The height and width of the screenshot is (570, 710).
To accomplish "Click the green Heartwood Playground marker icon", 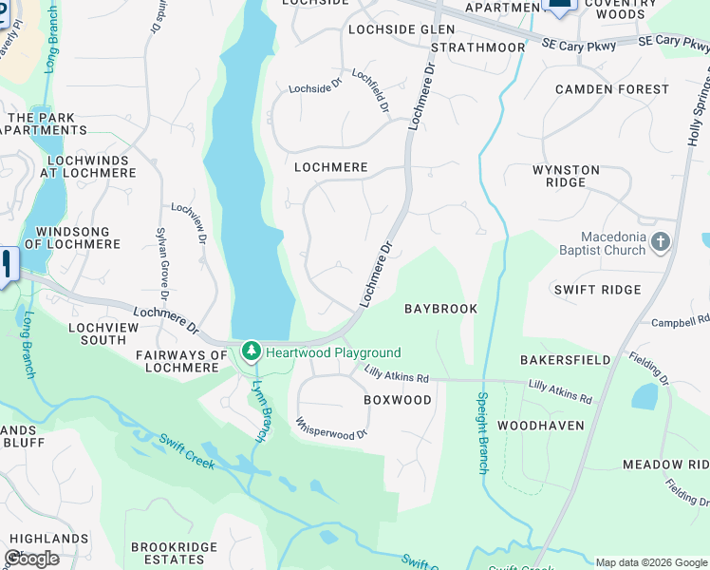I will [x=252, y=352].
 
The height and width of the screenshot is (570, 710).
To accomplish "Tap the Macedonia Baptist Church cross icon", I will [x=662, y=244].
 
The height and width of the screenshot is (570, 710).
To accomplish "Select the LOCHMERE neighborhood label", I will [x=330, y=167].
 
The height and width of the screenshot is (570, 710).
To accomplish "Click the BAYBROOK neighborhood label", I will [x=440, y=310].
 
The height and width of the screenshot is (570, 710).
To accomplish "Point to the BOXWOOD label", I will [x=398, y=400].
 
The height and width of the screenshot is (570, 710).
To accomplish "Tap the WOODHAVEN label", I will [x=541, y=426].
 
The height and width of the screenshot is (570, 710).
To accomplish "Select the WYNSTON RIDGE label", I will [x=566, y=177].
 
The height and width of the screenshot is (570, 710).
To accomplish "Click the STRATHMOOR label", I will [x=477, y=47].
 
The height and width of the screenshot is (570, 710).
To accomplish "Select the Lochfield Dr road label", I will [x=371, y=90].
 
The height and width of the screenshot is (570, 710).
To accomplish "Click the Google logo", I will [x=31, y=559].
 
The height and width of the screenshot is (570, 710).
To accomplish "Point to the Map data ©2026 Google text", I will [x=650, y=562].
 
